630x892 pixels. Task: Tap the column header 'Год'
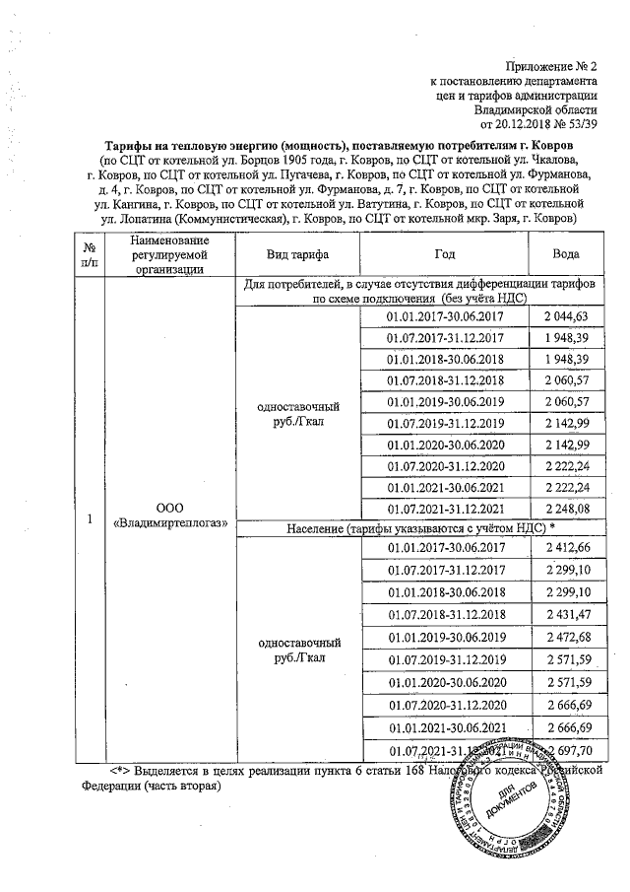[x=445, y=253]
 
